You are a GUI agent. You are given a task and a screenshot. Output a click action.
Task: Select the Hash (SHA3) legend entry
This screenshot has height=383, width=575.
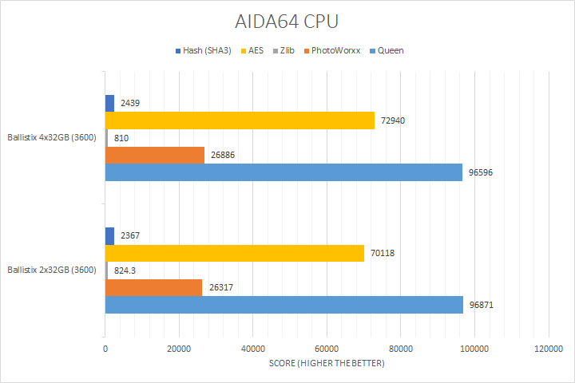click(207, 51)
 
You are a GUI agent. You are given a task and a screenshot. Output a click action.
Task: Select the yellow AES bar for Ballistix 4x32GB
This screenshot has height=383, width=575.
click(240, 120)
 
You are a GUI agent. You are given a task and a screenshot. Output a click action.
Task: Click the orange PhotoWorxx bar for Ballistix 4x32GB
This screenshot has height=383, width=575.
click(155, 155)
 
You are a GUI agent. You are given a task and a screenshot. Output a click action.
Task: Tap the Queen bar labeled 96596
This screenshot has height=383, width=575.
click(284, 172)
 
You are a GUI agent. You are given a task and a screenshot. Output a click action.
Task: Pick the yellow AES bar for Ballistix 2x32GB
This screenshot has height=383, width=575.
click(235, 253)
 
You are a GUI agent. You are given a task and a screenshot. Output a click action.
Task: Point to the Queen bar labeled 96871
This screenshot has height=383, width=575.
click(284, 305)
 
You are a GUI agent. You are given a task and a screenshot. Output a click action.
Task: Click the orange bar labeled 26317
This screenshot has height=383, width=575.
click(153, 287)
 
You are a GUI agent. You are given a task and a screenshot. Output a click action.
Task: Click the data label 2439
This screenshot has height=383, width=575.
click(131, 104)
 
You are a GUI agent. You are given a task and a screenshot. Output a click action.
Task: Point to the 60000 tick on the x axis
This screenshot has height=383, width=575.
click(327, 349)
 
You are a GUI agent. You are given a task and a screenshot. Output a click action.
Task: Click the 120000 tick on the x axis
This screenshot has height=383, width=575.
click(548, 349)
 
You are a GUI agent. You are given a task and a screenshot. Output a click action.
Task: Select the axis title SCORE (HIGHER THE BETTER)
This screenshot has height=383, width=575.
click(326, 364)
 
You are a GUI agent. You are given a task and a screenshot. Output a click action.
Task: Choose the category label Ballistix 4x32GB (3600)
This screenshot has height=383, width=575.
click(52, 137)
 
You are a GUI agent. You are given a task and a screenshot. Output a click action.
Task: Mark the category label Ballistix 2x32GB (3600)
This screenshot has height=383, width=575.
click(52, 270)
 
